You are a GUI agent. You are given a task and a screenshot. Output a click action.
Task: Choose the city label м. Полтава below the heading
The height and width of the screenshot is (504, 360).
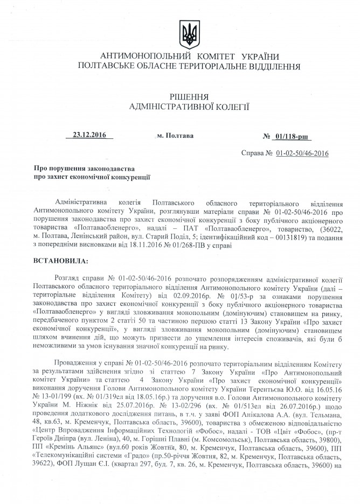(x=176, y=136)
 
